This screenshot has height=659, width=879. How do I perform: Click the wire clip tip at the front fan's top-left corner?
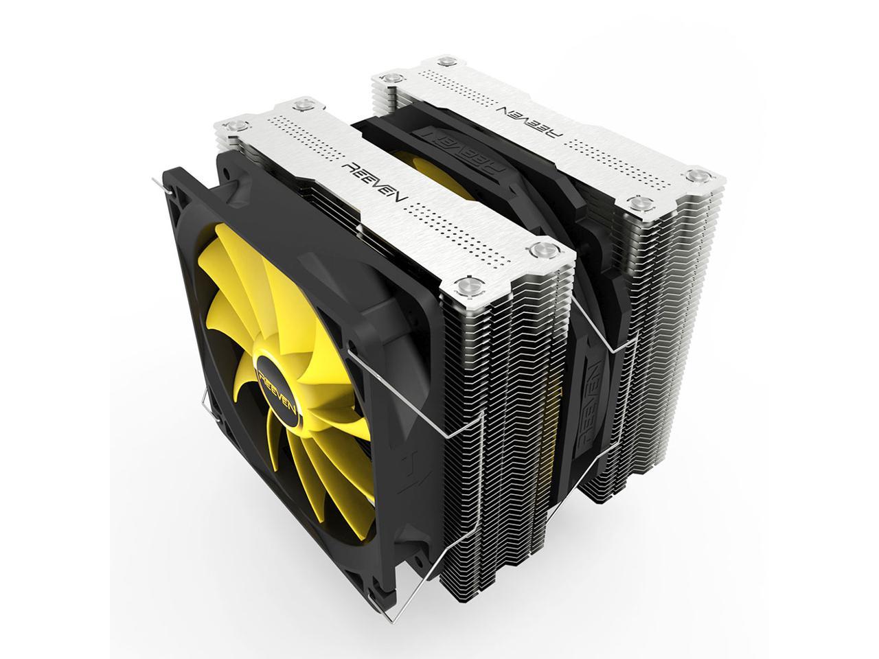155,180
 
